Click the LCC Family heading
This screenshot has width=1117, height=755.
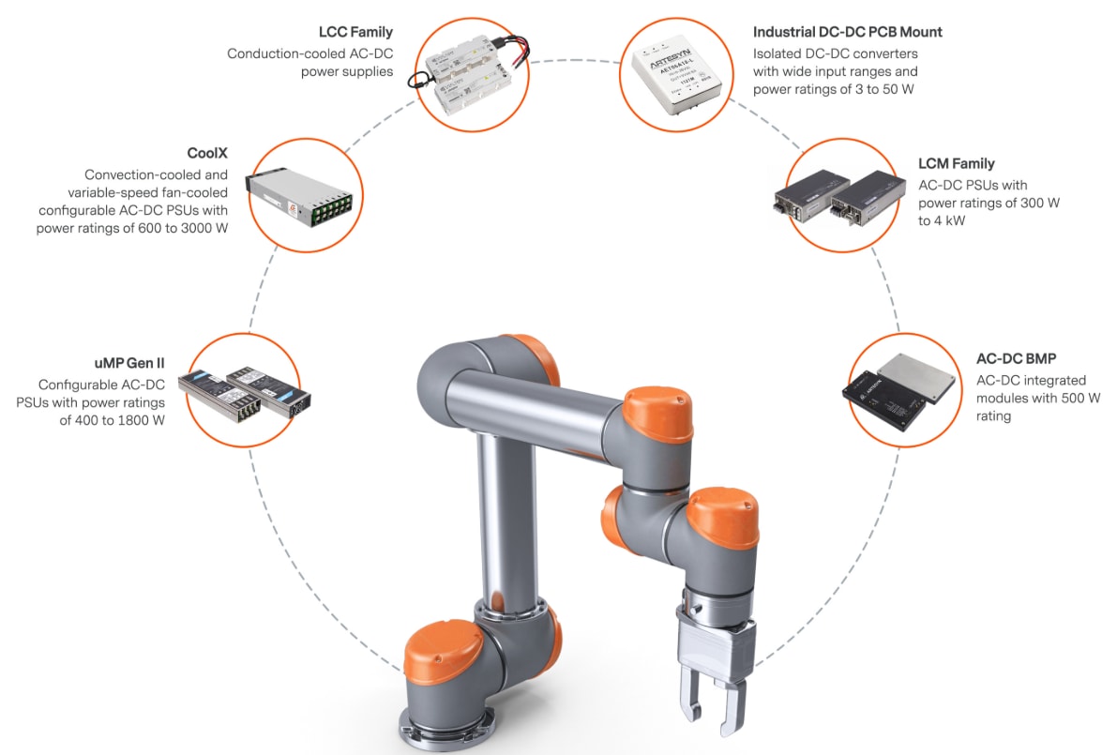pyautogui.click(x=355, y=32)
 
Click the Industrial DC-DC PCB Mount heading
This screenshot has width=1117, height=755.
pyautogui.click(x=847, y=32)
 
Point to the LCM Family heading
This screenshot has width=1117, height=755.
pyautogui.click(x=956, y=164)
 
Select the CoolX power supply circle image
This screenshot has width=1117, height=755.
pyautogui.click(x=299, y=196)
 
